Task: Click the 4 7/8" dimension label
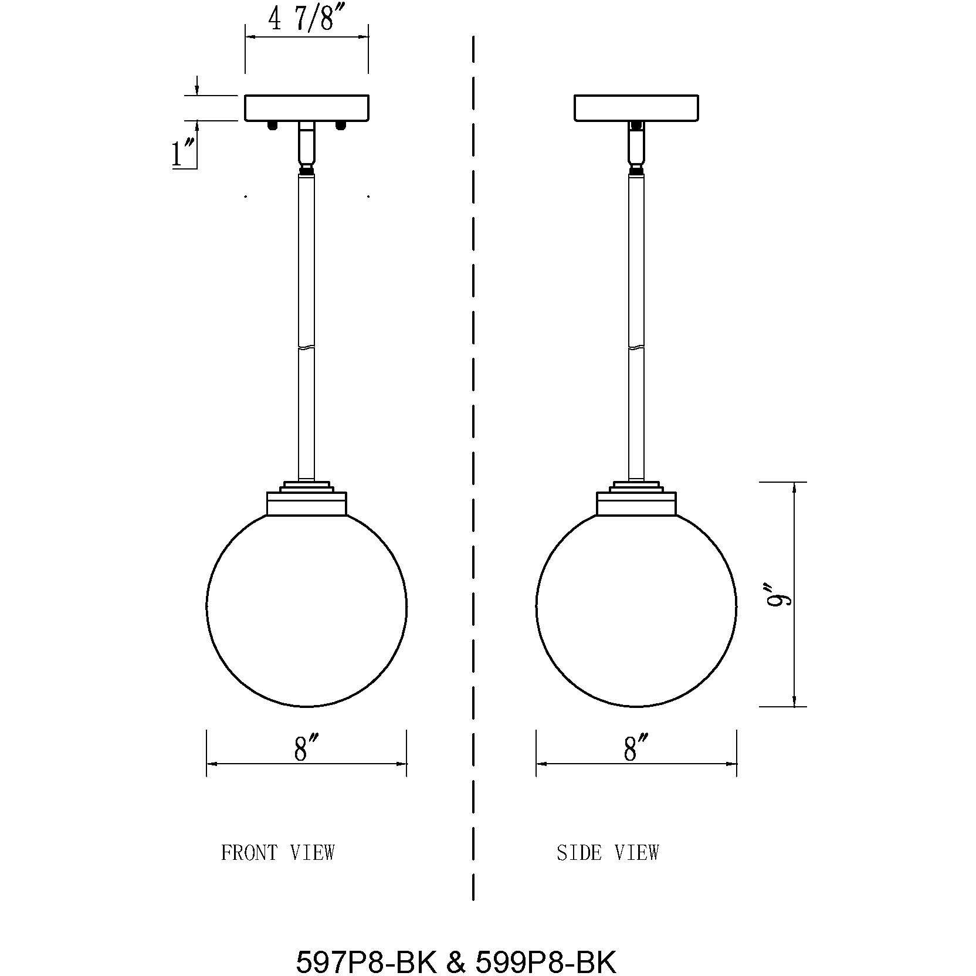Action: tap(300, 20)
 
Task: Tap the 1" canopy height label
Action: tap(182, 154)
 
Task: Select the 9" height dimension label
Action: tap(781, 594)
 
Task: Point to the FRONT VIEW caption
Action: tap(277, 852)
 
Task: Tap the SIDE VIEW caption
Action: tap(608, 852)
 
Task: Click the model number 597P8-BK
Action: tap(366, 946)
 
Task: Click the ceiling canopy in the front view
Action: tap(307, 108)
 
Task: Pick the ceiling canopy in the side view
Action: tap(636, 108)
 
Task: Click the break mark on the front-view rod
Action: tap(307, 347)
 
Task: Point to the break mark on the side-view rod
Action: tap(636, 347)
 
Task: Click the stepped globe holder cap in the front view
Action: tap(307, 499)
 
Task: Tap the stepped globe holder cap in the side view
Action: tap(636, 499)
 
